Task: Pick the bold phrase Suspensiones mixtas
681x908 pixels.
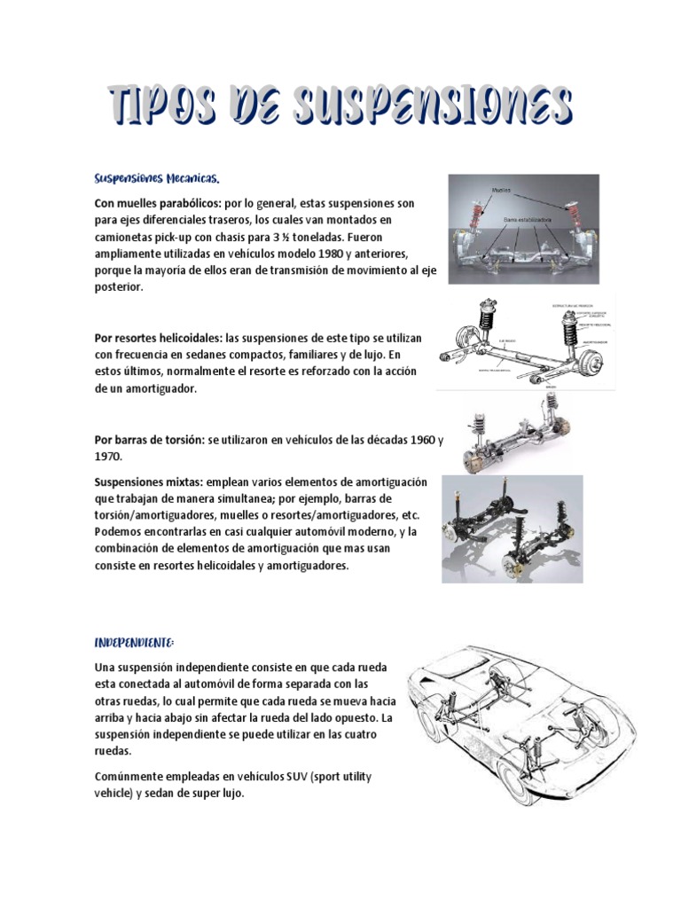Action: pos(148,481)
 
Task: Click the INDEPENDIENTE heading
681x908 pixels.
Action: pos(135,641)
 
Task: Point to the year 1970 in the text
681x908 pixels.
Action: pos(106,457)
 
